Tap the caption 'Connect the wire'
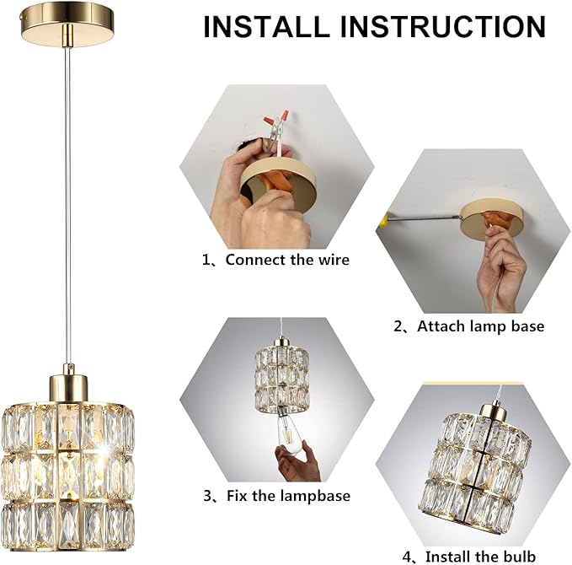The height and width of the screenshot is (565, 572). (287, 260)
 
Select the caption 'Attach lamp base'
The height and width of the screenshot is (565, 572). (480, 326)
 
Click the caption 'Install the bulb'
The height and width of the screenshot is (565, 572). (481, 557)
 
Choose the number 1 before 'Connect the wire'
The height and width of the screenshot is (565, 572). (206, 260)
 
